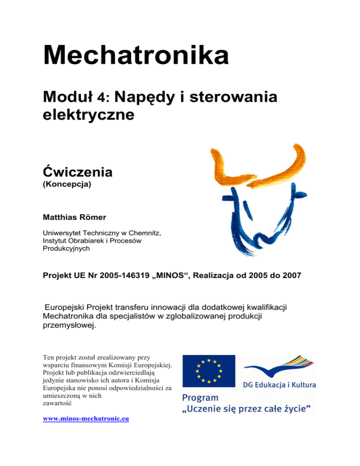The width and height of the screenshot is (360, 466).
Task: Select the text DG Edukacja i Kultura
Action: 279,385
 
